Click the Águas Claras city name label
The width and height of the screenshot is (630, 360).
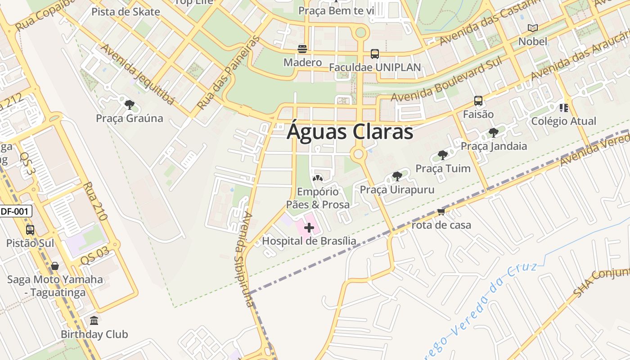tap(350, 132)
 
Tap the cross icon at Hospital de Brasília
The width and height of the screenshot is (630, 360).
tap(309, 228)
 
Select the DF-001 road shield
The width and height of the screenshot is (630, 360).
tap(16, 211)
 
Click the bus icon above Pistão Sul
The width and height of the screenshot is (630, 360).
tap(30, 230)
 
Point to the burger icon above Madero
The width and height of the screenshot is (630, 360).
tap(302, 49)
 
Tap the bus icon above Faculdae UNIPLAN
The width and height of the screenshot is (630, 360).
tap(374, 54)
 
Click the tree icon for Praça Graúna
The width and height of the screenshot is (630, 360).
tap(130, 105)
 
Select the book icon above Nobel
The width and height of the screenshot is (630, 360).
tap(533, 28)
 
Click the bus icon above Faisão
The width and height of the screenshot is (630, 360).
tap(478, 101)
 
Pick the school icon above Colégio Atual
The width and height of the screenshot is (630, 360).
tap(563, 108)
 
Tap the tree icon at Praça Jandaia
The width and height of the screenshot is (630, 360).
tap(494, 133)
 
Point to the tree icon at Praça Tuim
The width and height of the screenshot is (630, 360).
tap(443, 155)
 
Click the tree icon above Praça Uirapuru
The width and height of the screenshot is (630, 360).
tap(397, 176)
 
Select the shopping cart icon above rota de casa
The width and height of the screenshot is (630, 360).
tap(441, 211)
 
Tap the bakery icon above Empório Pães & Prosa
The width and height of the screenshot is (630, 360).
tap(318, 179)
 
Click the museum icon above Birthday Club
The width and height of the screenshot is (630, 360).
tap(94, 321)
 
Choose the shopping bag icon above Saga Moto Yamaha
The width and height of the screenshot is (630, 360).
tap(55, 266)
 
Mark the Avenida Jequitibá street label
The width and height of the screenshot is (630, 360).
tap(137, 74)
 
